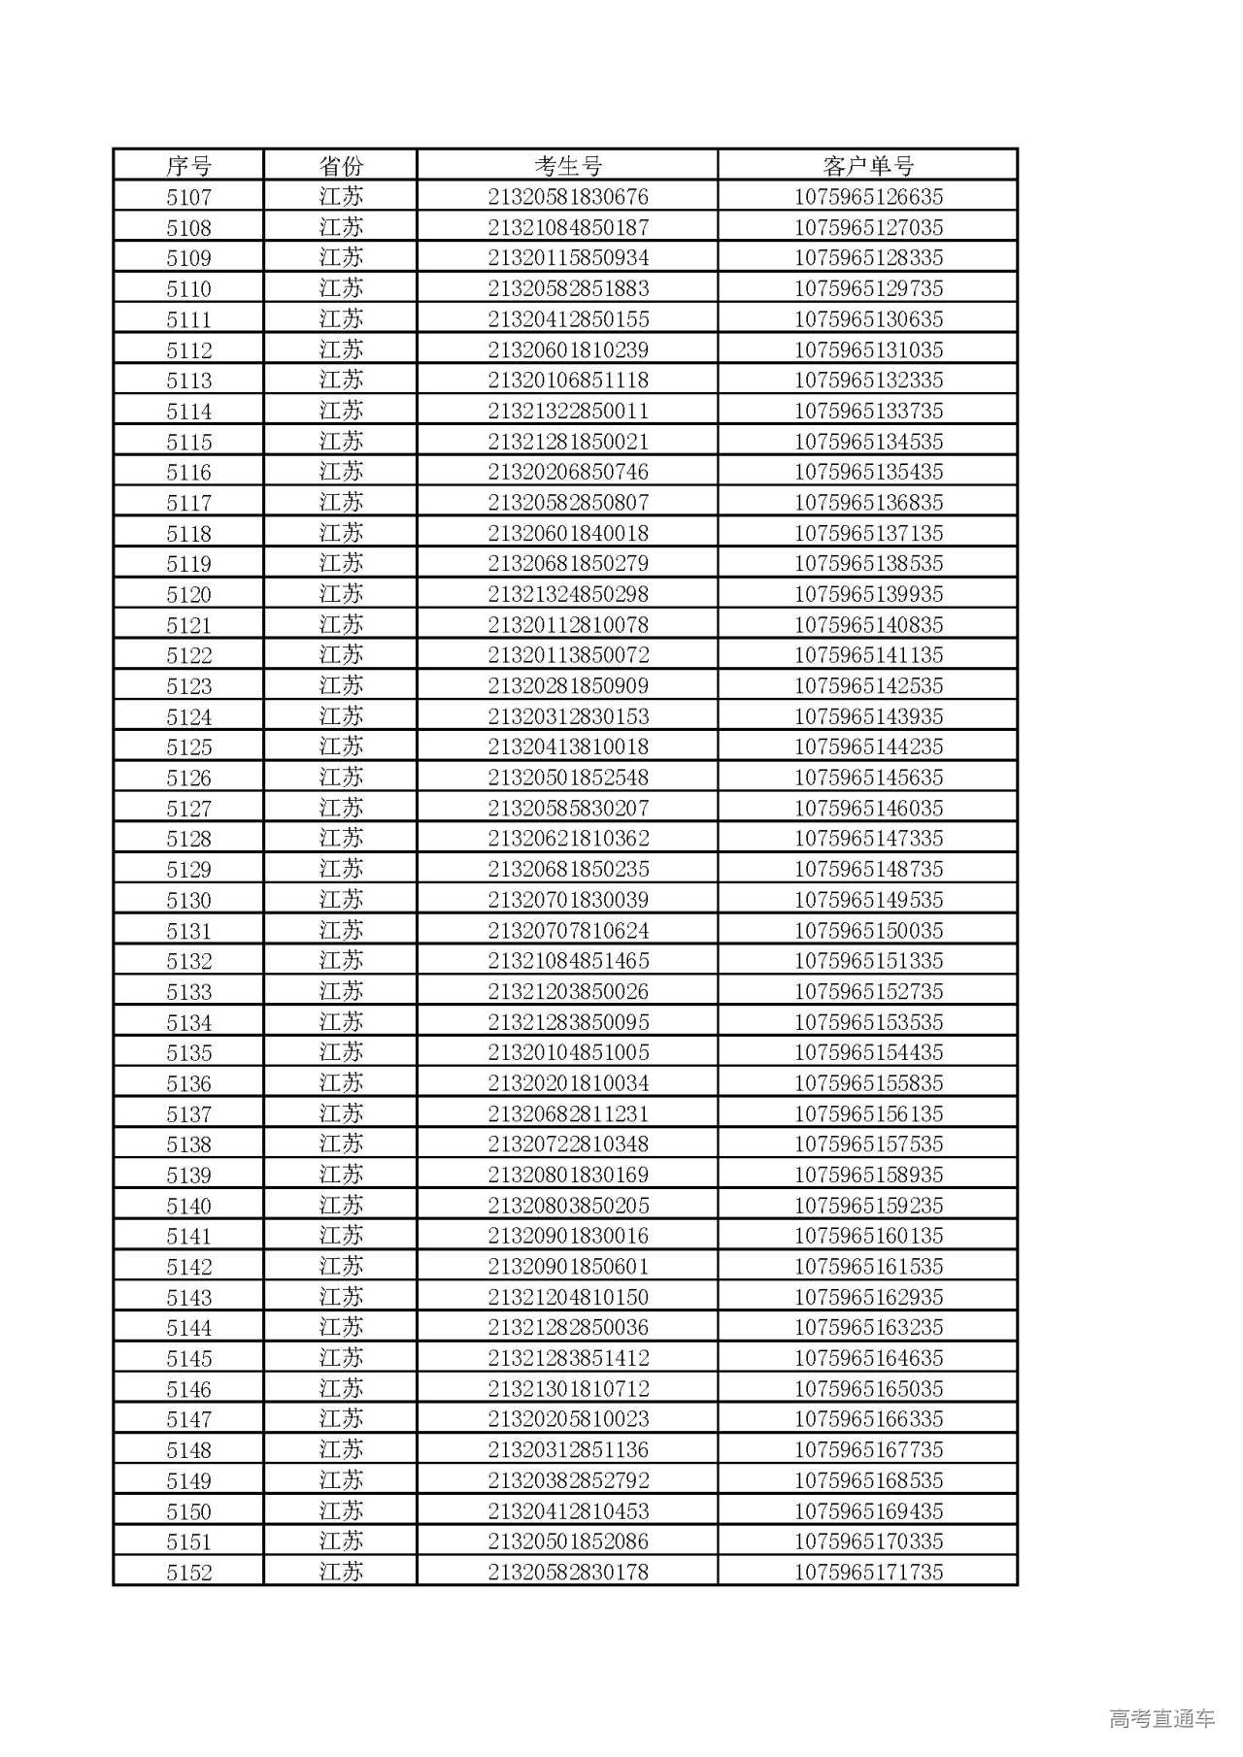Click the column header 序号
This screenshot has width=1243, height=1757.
click(188, 166)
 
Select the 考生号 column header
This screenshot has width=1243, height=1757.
click(568, 166)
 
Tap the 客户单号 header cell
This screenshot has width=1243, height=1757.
click(868, 166)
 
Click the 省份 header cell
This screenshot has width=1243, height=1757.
click(341, 166)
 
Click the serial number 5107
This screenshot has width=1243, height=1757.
click(188, 197)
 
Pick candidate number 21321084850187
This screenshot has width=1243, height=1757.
click(568, 228)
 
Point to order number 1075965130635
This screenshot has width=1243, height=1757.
click(868, 319)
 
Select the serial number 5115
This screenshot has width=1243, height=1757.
click(188, 442)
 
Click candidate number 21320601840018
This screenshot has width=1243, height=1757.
click(568, 533)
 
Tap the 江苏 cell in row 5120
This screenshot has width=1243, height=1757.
click(341, 594)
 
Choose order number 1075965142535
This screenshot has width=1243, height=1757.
click(868, 685)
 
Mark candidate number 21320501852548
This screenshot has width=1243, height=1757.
click(568, 778)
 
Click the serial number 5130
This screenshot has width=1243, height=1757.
click(188, 900)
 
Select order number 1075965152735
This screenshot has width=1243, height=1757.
click(868, 991)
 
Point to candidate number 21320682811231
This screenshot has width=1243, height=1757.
click(568, 1113)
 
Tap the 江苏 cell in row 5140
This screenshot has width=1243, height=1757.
click(341, 1205)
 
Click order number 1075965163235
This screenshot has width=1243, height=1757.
click(868, 1327)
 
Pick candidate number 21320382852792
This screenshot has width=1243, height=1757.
click(568, 1480)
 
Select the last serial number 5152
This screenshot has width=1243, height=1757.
click(188, 1572)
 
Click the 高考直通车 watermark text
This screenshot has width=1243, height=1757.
click(1161, 1719)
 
